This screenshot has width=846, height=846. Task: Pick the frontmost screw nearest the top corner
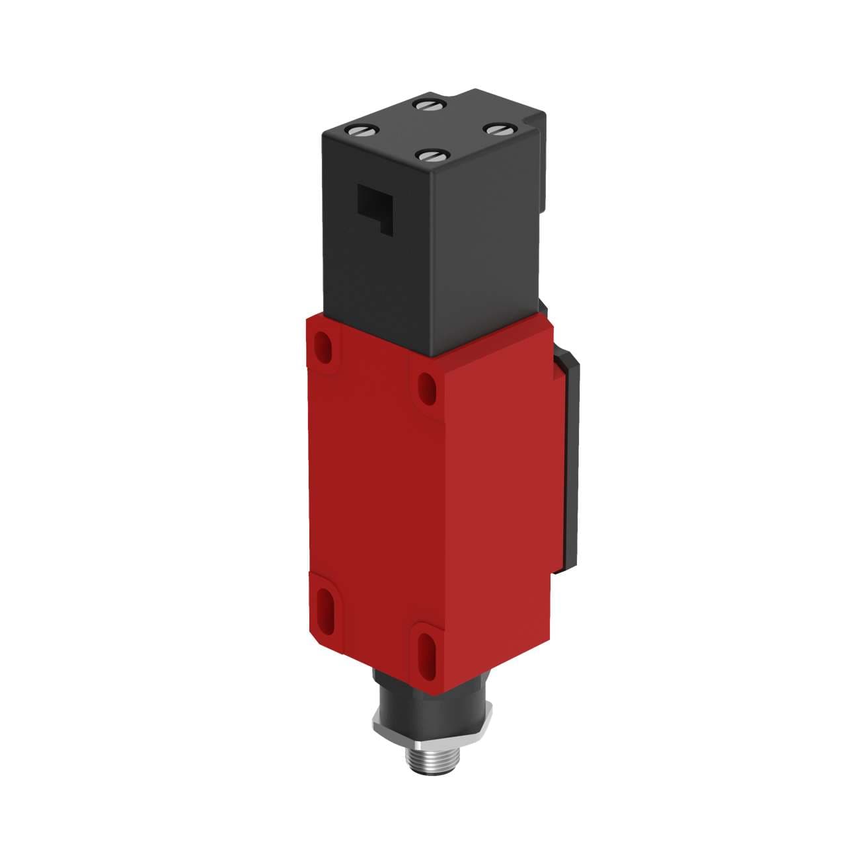tap(430, 156)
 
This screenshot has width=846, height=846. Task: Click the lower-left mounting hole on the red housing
tap(326, 603)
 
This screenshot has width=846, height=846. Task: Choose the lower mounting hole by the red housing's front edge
tap(423, 651)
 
